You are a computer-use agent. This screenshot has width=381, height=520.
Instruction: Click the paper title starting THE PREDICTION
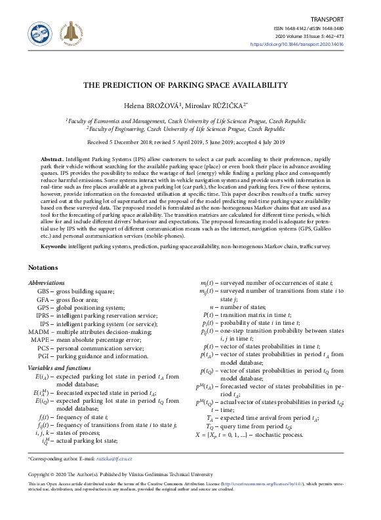tap(190, 85)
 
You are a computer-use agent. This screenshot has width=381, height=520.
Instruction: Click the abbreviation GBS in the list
tap(43, 291)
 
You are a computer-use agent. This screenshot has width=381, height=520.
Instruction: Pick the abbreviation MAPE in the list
tap(40, 340)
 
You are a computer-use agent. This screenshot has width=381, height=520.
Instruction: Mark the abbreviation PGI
tap(43, 356)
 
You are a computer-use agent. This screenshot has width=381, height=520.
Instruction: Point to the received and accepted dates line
tap(190, 142)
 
